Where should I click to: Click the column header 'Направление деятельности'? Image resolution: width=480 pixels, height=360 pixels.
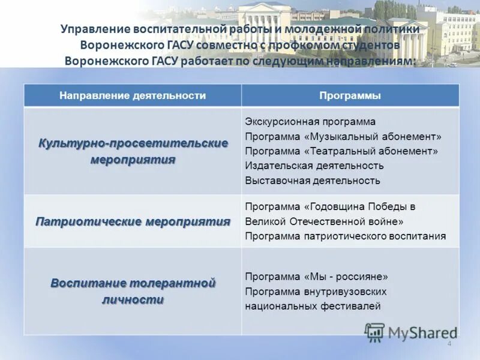click(133, 95)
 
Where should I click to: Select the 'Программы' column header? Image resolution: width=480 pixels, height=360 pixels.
click(350, 95)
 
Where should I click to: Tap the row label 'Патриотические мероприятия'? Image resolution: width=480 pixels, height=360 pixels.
click(133, 221)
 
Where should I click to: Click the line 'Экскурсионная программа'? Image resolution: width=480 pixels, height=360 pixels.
click(310, 122)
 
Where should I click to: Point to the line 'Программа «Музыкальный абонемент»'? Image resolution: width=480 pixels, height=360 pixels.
click(343, 136)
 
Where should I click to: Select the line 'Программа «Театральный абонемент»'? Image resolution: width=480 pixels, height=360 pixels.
click(341, 151)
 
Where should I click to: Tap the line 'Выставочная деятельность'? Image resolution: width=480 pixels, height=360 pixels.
click(313, 181)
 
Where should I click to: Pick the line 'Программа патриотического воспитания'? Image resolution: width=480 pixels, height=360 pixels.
click(346, 236)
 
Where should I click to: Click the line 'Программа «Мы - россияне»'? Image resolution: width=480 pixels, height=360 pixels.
click(317, 277)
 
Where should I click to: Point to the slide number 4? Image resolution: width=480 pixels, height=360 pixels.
click(449, 343)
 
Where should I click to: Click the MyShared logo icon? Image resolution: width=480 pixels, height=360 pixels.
click(374, 332)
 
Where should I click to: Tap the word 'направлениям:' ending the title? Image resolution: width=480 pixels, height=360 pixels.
click(376, 61)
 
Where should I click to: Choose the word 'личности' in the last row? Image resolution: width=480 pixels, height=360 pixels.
click(133, 299)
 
